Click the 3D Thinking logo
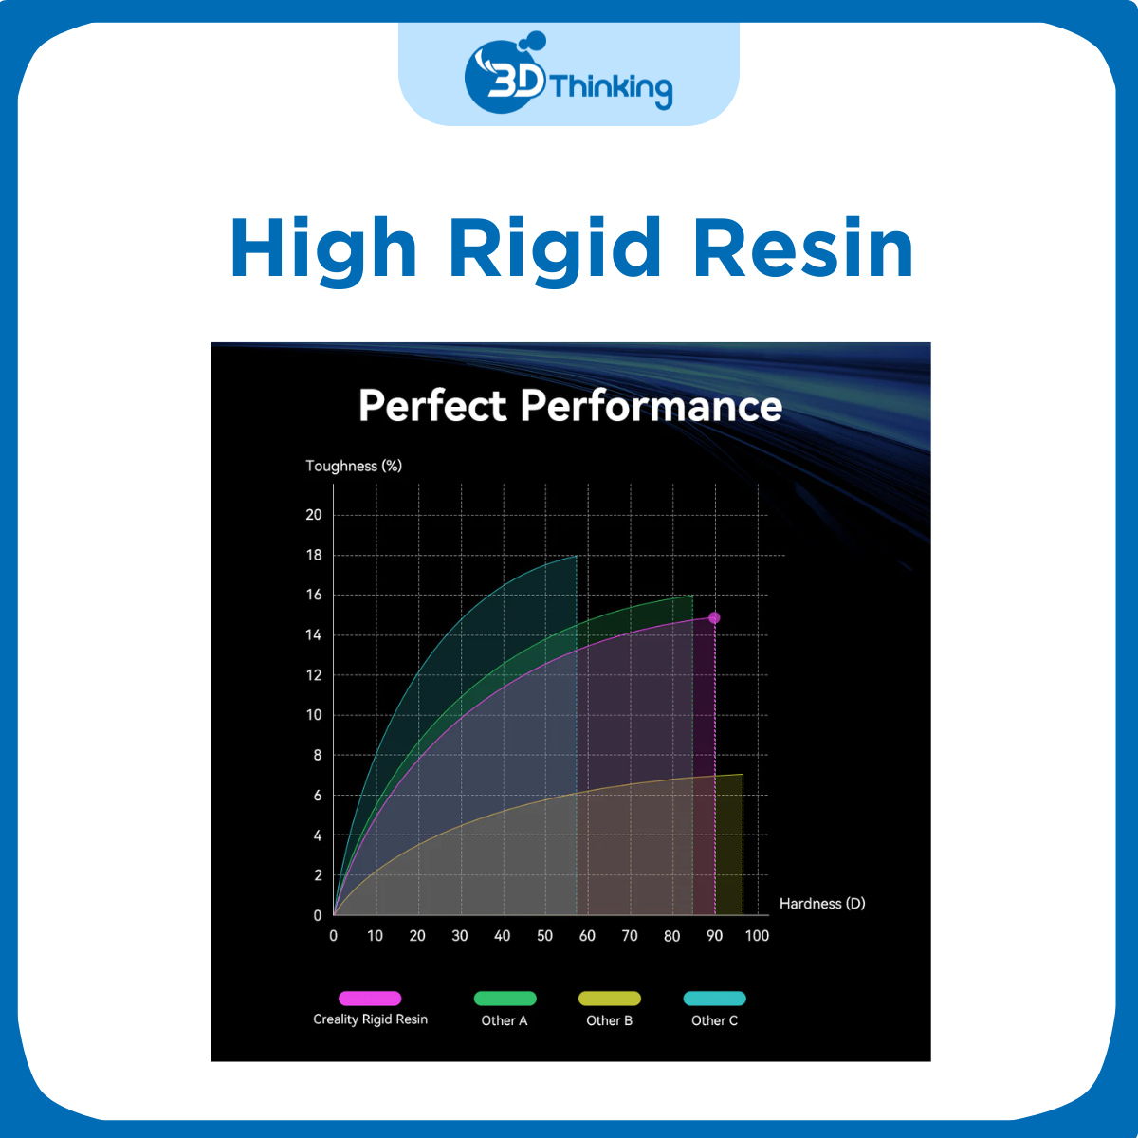[x=569, y=76]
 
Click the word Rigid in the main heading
[x=555, y=248]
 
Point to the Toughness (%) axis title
[x=354, y=466]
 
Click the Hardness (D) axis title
[x=822, y=903]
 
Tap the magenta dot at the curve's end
[x=714, y=618]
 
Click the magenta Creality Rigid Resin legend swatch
[x=370, y=998]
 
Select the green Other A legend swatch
[x=505, y=998]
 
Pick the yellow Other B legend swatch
[x=610, y=998]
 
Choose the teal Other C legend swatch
[x=714, y=998]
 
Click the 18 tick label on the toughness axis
[x=314, y=555]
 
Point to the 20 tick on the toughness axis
[x=314, y=515]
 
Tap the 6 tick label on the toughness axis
[x=318, y=796]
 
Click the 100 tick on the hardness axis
[x=757, y=936]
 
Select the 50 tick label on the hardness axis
[x=544, y=936]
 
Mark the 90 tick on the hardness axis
[x=714, y=936]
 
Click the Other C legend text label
[x=714, y=1020]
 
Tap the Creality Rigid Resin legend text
[x=370, y=1019]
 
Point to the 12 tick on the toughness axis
[x=314, y=675]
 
